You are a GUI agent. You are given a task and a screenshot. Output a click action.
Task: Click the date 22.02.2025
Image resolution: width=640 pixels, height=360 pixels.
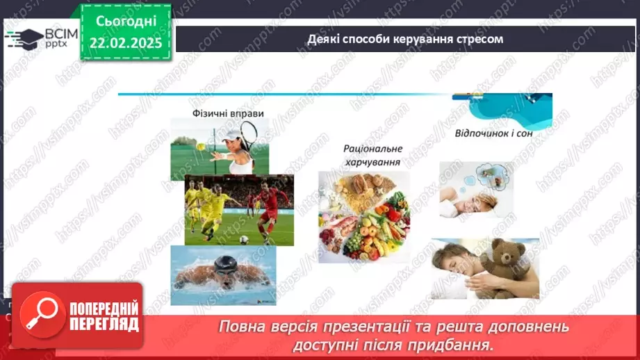[x=126, y=43]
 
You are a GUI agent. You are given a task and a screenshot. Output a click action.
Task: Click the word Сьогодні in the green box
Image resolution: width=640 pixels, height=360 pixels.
[x=126, y=22]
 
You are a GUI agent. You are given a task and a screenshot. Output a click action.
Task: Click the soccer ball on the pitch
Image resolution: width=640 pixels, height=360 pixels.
[x=244, y=239]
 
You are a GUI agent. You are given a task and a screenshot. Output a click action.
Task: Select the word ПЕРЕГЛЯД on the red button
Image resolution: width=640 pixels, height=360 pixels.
[x=104, y=324]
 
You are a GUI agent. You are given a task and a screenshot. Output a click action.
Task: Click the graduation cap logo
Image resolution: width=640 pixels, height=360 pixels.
[x=24, y=38]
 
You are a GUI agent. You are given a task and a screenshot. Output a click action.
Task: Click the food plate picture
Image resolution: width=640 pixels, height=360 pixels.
[x=364, y=216]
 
